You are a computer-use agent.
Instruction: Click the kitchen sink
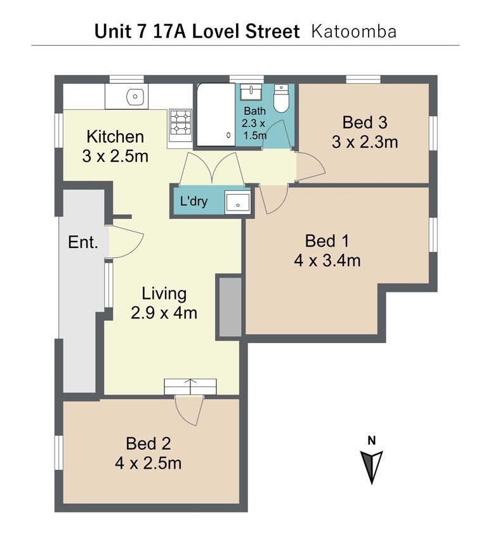(x=135, y=96)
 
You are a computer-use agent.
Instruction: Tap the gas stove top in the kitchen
(x=181, y=122)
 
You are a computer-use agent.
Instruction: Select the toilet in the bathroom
(x=281, y=98)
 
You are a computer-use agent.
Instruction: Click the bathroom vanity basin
(x=251, y=92)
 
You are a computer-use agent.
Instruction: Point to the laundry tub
(x=238, y=202)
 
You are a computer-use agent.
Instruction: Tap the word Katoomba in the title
(x=354, y=32)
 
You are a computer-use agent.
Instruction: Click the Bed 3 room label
(x=365, y=122)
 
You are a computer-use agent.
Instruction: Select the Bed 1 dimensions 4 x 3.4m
(x=327, y=261)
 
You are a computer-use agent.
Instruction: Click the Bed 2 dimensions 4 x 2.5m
(x=148, y=463)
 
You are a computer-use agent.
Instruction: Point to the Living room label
(x=164, y=294)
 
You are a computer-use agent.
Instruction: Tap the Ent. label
(x=83, y=242)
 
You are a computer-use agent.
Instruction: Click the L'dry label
(x=194, y=201)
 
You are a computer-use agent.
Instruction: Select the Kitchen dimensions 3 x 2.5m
(x=115, y=156)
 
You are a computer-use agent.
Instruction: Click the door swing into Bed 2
(x=190, y=410)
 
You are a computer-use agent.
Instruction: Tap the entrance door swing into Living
(x=126, y=242)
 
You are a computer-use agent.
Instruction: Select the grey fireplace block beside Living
(x=230, y=307)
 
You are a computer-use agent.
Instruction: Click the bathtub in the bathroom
(x=216, y=114)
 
